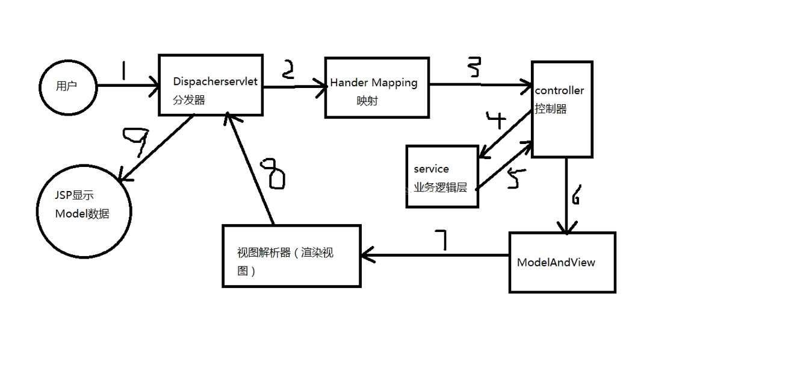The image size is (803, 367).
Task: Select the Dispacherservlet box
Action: (x=211, y=85)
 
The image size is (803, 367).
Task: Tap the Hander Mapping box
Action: (x=377, y=88)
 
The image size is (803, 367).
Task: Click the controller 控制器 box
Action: (x=562, y=109)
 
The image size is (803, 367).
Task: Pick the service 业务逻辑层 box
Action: (x=442, y=177)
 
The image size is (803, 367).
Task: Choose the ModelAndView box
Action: (x=562, y=262)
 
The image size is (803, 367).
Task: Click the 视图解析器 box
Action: (x=291, y=256)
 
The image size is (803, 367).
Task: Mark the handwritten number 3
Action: (x=474, y=67)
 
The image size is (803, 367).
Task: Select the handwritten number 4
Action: (x=497, y=121)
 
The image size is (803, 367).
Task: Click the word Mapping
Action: (x=394, y=83)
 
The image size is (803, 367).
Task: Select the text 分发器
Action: (x=189, y=100)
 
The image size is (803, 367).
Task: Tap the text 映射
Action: (x=367, y=101)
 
